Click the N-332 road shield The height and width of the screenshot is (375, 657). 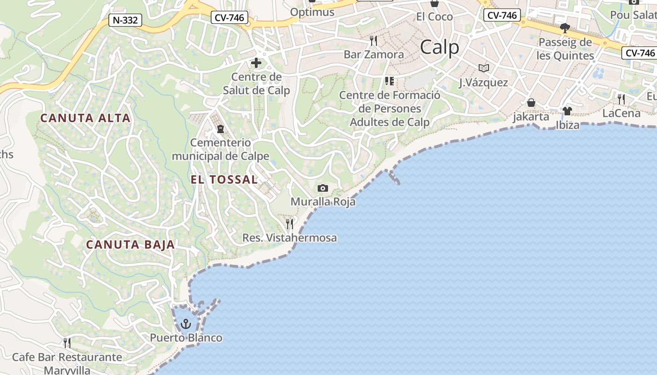click(125, 20)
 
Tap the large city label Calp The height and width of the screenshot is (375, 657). click(439, 47)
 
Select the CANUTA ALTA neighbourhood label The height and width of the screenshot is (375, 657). click(85, 118)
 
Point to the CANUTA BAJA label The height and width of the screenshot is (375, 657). click(130, 244)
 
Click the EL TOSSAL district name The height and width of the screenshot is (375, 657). click(224, 179)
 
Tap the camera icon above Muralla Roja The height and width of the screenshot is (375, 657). click(323, 188)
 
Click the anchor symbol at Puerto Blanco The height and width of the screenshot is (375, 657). click(186, 324)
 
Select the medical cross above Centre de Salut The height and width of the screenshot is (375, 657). click(256, 63)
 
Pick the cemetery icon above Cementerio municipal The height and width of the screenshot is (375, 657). click(221, 128)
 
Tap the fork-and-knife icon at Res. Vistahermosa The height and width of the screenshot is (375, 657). click(290, 224)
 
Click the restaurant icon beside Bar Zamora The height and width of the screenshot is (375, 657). click(374, 41)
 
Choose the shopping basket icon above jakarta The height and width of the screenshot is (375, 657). click(531, 103)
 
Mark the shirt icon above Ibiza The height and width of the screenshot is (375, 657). click(567, 111)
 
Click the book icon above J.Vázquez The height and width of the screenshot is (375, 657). click(484, 68)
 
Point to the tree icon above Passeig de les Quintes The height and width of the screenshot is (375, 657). click(565, 28)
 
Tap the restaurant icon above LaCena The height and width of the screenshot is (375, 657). click(621, 99)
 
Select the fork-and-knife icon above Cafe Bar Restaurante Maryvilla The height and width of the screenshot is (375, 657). click(67, 343)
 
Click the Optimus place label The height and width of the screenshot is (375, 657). click(313, 12)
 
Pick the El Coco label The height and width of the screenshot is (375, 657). click(435, 17)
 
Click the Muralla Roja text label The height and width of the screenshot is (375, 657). click(323, 202)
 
